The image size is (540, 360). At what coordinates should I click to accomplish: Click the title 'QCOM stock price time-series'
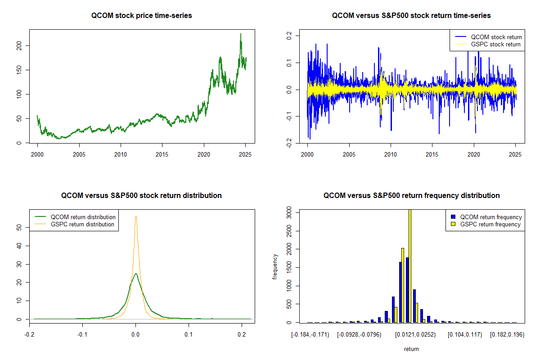[x=141, y=16]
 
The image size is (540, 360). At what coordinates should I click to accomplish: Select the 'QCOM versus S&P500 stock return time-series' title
[x=411, y=16]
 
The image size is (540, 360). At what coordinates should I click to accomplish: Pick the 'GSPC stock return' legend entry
[x=495, y=44]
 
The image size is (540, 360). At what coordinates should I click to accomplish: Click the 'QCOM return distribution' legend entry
[x=83, y=217]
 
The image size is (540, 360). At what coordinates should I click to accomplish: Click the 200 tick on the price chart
[x=19, y=45]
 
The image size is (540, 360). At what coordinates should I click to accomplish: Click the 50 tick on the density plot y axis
[x=19, y=228]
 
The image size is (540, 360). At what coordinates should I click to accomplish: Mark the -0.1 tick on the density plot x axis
[x=82, y=335]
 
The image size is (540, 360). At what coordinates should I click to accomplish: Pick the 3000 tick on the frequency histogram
[x=289, y=215]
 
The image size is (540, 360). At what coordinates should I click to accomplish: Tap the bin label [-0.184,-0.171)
[x=310, y=335]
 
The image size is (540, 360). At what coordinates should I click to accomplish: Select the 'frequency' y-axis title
[x=275, y=266]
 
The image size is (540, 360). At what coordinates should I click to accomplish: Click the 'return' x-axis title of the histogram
[x=411, y=349]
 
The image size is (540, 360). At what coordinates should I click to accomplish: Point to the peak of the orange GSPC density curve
[x=135, y=216]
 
